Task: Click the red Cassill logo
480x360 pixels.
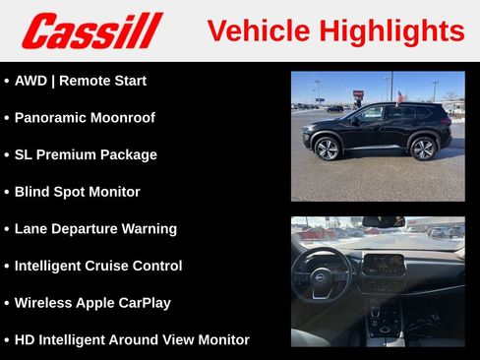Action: point(91,30)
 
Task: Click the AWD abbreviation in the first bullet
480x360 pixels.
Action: point(31,81)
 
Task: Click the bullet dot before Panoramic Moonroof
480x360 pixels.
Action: point(7,118)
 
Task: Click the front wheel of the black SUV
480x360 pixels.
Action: point(328,149)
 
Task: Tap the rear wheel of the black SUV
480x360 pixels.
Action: point(423,149)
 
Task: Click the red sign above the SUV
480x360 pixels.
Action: point(358,93)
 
